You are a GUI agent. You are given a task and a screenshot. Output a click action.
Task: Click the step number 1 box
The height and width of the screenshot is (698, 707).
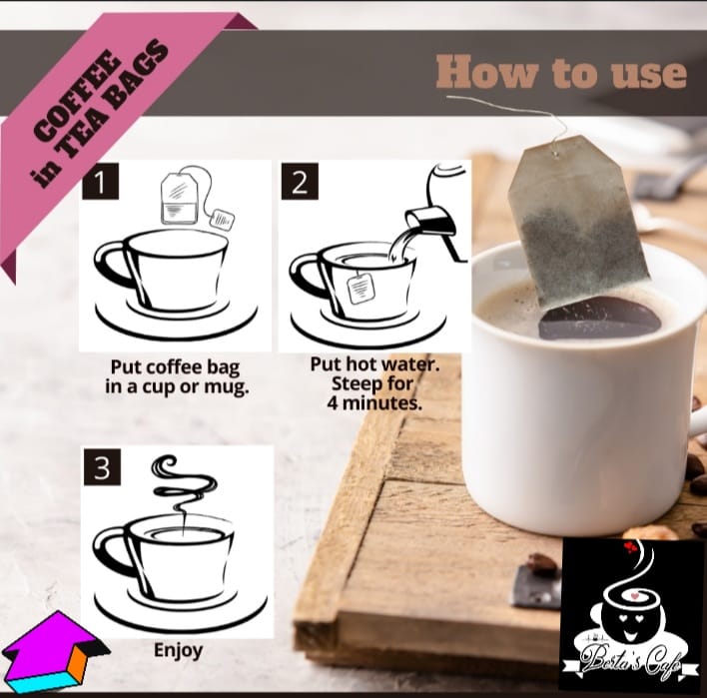coord(101,182)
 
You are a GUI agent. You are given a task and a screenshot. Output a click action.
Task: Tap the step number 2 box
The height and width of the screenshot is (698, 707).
coord(300,182)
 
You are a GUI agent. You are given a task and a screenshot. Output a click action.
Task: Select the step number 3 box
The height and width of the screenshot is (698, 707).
coord(102,466)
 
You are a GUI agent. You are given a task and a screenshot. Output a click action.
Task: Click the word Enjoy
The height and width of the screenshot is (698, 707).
coord(178,651)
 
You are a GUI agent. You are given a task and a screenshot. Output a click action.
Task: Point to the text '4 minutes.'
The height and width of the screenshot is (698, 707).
coord(374,402)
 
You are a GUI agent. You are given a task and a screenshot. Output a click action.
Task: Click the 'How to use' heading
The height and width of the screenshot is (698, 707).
coord(561,72)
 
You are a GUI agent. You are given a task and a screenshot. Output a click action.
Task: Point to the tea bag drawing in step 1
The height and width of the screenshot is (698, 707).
coord(180,198)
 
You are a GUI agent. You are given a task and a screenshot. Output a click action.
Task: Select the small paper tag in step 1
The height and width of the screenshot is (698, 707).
coord(222,219)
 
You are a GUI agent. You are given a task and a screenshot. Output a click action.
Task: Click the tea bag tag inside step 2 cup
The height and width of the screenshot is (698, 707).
coord(360,289)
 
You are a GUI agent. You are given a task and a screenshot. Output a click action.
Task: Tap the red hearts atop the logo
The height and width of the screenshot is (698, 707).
coord(629,547)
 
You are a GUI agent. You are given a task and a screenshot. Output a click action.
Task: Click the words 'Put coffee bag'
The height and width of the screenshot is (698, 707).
coord(175,366)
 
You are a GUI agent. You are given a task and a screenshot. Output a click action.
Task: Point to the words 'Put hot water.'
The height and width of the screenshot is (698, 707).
coord(374,364)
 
